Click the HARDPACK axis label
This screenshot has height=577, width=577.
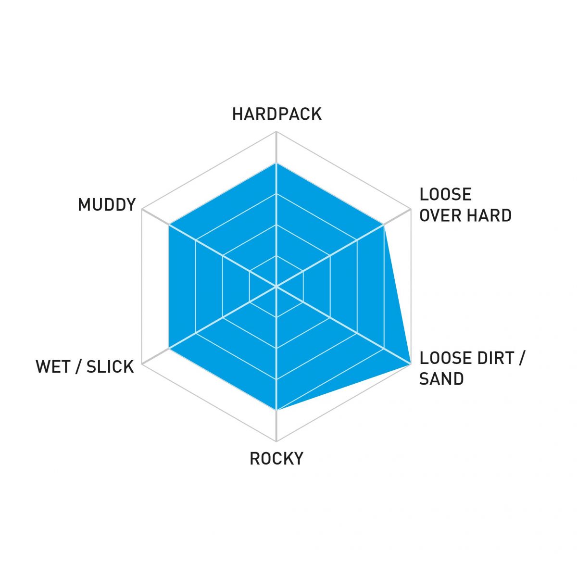[x=277, y=114]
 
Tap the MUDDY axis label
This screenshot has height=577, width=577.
[x=107, y=205]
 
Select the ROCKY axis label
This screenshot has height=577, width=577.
[x=276, y=458]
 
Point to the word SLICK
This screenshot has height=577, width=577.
[x=110, y=366]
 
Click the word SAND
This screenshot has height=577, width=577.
[x=441, y=379]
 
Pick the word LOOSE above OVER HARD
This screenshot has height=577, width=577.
[x=446, y=195]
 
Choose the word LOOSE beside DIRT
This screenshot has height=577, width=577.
[x=446, y=358]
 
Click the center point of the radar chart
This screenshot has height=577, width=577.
[x=276, y=287]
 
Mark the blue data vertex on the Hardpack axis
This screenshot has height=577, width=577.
[x=276, y=163]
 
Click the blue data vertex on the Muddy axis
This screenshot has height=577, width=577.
[x=169, y=225]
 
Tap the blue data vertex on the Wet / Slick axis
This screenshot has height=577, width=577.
[x=169, y=349]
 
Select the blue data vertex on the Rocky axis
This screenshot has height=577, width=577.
[x=276, y=410]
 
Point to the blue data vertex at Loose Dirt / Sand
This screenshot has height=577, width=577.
[x=411, y=364]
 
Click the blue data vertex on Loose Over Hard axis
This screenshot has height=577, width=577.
[x=384, y=225]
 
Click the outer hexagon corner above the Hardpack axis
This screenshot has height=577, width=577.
[x=276, y=132]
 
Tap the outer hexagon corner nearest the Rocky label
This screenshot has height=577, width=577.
[x=276, y=441]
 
